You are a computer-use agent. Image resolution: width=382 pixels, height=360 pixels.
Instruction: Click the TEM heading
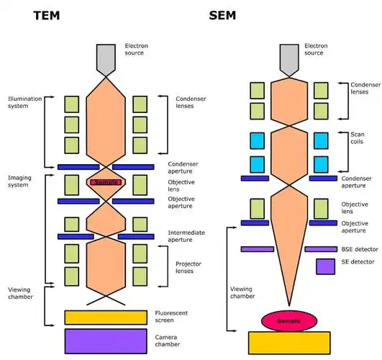pos(52,16)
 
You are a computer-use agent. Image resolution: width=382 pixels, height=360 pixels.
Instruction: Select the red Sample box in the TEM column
pos(106,183)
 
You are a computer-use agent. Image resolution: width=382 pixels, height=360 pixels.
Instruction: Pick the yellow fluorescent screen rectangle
pos(106,317)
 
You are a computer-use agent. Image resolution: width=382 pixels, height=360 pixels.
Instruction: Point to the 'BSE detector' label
pos(360,249)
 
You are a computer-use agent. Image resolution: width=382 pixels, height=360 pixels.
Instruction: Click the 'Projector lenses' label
pos(189,267)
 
